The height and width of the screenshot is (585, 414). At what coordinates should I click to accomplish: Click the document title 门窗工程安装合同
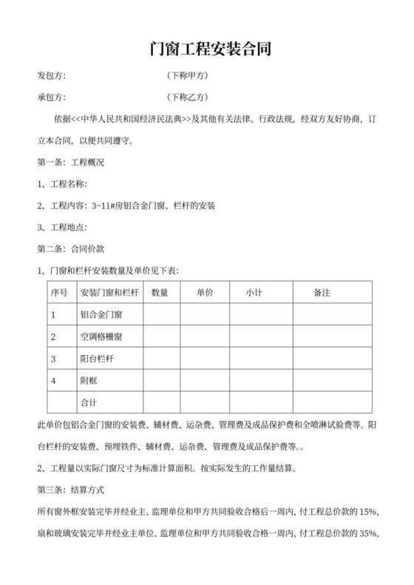[206, 49]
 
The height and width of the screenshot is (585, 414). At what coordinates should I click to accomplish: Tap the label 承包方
[52, 97]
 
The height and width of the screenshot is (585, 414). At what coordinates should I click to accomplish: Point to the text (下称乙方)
[189, 97]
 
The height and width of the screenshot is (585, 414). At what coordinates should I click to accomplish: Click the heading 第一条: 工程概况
[70, 162]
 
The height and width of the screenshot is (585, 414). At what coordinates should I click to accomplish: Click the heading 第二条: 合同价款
[70, 249]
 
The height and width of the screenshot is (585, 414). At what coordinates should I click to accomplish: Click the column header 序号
[58, 292]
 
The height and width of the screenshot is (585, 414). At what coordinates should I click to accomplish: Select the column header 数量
[160, 292]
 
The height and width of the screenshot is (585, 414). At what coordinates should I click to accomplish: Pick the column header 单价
[205, 292]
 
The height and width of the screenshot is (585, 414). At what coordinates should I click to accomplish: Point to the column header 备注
[322, 292]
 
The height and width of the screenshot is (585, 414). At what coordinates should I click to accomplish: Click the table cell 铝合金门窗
[101, 315]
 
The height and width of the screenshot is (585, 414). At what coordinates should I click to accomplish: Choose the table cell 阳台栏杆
[97, 359]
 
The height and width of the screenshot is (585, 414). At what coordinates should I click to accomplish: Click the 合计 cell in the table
[89, 403]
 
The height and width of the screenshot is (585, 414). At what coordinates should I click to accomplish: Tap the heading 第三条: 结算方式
[70, 490]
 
